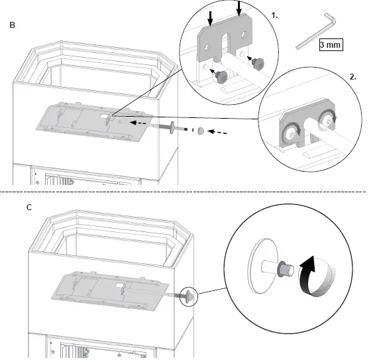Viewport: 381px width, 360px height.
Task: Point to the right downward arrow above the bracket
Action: click(x=240, y=8)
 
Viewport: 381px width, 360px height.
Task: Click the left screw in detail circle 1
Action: click(x=223, y=76)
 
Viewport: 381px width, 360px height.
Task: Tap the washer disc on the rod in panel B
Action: click(x=172, y=127)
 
